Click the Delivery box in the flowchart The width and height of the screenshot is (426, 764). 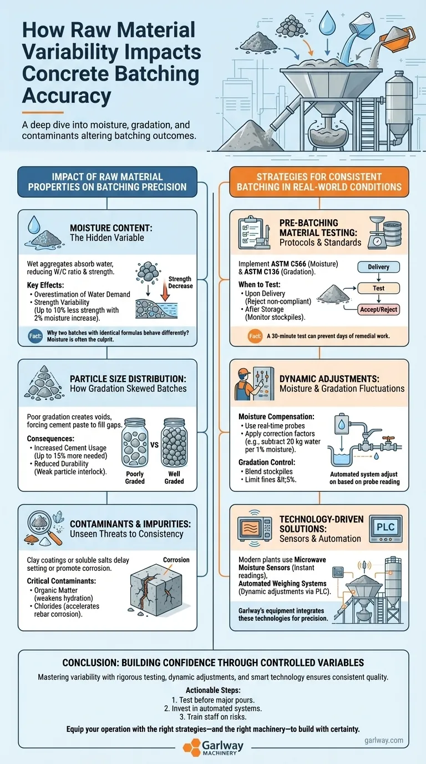coord(378,267)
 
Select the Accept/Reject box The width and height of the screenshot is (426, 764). coord(378,309)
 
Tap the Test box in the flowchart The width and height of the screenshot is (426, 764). coord(378,288)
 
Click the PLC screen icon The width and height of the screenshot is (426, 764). coord(386,529)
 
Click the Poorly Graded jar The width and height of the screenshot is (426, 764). coord(135,443)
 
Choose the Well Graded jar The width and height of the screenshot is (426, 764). coord(174,443)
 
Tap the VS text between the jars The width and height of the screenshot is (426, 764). coord(154,445)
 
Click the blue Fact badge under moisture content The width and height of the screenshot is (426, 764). coord(35,336)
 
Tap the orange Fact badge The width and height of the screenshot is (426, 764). coord(255,336)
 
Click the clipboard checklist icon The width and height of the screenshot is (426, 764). coord(254,233)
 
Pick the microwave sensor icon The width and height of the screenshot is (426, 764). coord(255,529)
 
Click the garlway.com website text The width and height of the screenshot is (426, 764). coord(384,740)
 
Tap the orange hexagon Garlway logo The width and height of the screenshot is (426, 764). coord(191,747)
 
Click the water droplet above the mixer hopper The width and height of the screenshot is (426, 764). coord(327,23)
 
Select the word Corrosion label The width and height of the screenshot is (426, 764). coord(176,560)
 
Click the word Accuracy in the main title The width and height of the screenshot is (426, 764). coord(67,95)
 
